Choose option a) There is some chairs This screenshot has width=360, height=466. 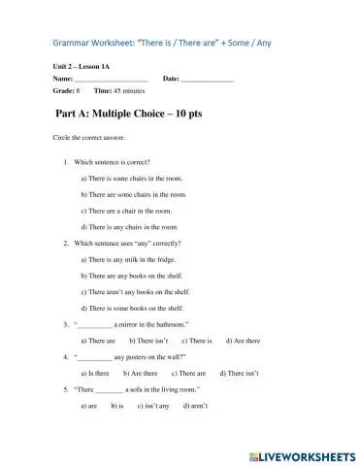point(132,179)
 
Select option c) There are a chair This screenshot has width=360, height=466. point(127,210)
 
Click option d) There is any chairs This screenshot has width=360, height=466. point(130,226)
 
